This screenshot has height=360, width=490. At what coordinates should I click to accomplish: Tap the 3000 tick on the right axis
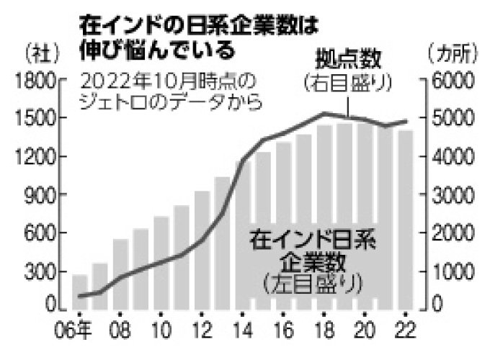coord(451,195)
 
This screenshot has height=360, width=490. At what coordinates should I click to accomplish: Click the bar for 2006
coord(79,292)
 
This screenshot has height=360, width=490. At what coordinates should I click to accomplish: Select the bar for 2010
coord(161,263)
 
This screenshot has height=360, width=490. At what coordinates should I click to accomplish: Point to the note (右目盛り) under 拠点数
coord(347,81)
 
